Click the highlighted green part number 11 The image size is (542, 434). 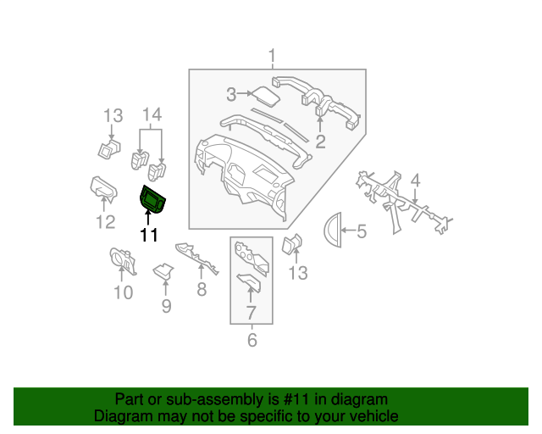152,200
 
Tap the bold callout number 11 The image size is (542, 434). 149,236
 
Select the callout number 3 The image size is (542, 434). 231,94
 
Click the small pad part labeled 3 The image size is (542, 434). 265,96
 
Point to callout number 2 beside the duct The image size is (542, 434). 320,142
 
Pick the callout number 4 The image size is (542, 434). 416,181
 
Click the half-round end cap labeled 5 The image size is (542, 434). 333,230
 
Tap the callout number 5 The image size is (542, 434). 362,231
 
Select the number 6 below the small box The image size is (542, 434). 252,340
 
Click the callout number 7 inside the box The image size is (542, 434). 251,313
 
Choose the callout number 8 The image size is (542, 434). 202,289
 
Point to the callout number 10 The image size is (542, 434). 124,292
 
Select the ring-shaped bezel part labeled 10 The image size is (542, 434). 122,260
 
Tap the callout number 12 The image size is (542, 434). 105,222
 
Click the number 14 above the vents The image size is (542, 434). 152,114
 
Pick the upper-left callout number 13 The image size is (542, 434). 113,116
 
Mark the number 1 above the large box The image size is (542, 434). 273,56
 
